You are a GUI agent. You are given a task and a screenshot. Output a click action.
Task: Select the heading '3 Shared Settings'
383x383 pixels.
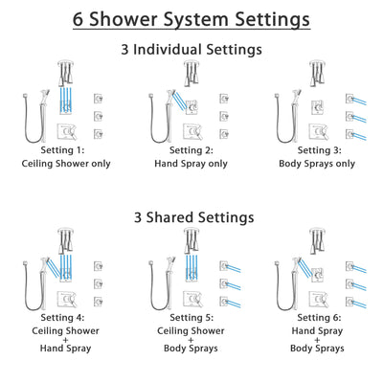(x=191, y=217)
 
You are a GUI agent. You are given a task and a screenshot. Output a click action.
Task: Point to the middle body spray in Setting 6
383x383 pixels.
(x=353, y=284)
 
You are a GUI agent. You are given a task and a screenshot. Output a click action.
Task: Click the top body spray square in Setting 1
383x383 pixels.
(x=99, y=98)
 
